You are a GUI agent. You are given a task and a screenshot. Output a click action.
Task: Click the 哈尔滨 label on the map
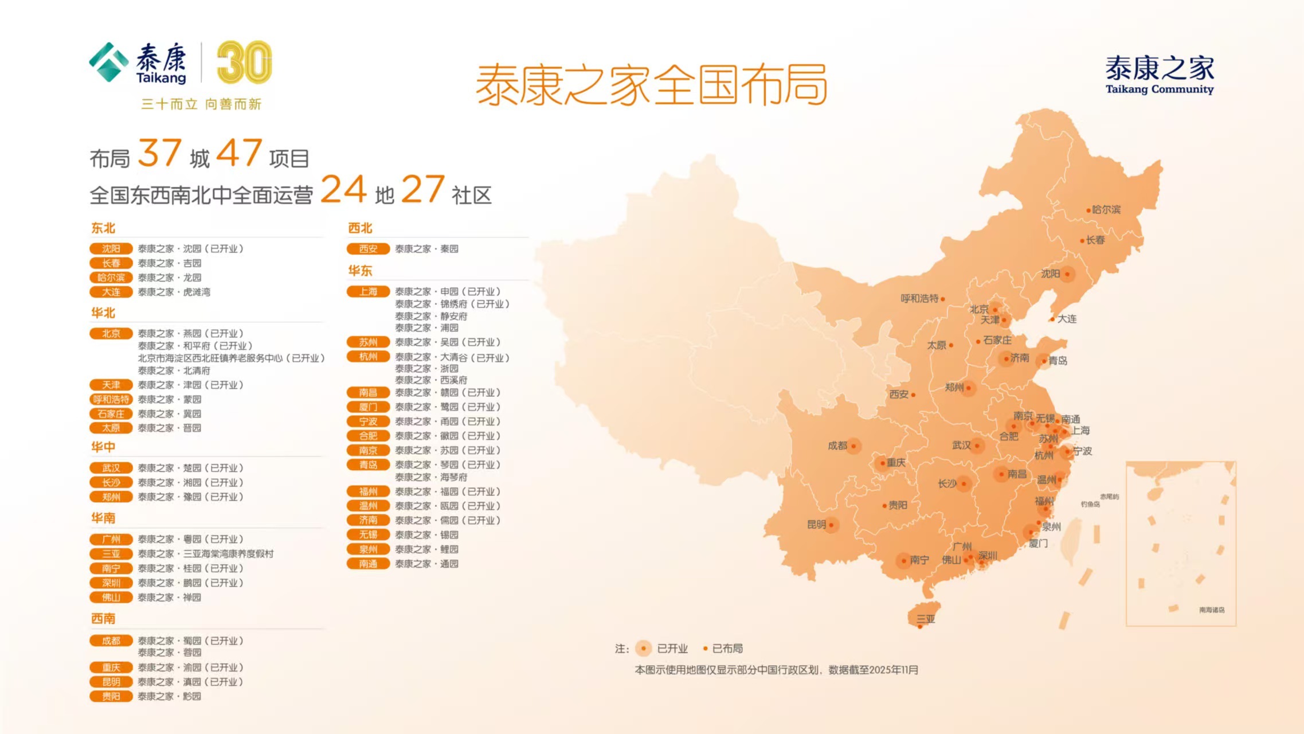pos(1106,210)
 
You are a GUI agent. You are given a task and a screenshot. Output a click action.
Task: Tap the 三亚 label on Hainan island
pos(926,619)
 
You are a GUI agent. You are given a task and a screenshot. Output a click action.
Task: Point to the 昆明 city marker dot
pos(831,525)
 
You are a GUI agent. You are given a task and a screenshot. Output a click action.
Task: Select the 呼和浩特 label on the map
pos(919,298)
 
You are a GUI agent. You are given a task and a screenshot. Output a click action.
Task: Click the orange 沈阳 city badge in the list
pos(111,248)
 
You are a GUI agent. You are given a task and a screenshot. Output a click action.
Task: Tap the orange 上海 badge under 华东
pos(368,291)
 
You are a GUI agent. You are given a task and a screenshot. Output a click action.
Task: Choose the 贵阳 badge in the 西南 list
pos(111,696)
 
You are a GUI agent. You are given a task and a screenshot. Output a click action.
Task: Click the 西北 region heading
pos(360,228)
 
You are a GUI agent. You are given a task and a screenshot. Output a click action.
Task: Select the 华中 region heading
pos(103,447)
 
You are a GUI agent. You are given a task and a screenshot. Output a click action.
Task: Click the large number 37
pos(160,153)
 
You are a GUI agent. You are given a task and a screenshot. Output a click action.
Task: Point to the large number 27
pos(422,189)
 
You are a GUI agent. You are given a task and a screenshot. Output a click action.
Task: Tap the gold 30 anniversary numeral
pos(244,63)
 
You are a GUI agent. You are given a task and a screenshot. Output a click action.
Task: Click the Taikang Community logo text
pos(1159,75)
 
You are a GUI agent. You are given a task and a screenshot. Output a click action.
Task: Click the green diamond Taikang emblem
pos(108,62)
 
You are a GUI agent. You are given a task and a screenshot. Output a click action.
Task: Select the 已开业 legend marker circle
pos(644,649)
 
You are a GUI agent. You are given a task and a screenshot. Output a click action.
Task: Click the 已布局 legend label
pos(727,649)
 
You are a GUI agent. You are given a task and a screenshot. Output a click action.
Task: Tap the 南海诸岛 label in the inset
pos(1211,610)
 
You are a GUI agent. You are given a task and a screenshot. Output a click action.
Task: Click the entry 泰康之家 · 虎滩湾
pos(174,292)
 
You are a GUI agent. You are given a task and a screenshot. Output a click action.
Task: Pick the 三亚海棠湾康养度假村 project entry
pos(205,554)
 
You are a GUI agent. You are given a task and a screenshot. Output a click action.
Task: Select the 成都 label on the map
pos(837,446)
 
